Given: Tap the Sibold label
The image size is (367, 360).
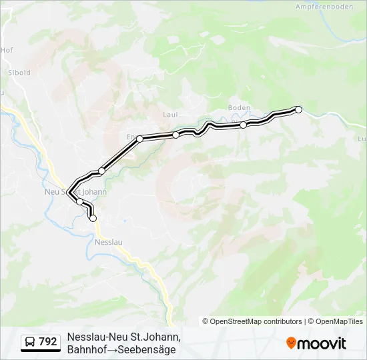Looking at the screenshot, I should [19, 73].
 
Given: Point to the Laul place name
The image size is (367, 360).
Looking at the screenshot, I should [169, 115].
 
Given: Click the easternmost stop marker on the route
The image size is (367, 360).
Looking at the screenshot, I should [298, 109].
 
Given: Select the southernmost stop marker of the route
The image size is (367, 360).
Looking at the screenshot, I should [93, 218].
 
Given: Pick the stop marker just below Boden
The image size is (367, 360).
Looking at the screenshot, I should [244, 125].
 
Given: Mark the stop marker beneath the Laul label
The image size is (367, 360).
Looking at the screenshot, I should [175, 135].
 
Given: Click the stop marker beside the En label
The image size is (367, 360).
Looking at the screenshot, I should [140, 139].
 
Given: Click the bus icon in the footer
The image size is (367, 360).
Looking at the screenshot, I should [31, 342].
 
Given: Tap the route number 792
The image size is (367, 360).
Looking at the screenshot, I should [48, 342].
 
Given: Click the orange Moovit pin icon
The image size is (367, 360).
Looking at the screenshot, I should [291, 343].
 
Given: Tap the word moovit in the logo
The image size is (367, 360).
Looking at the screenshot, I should [322, 344].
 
